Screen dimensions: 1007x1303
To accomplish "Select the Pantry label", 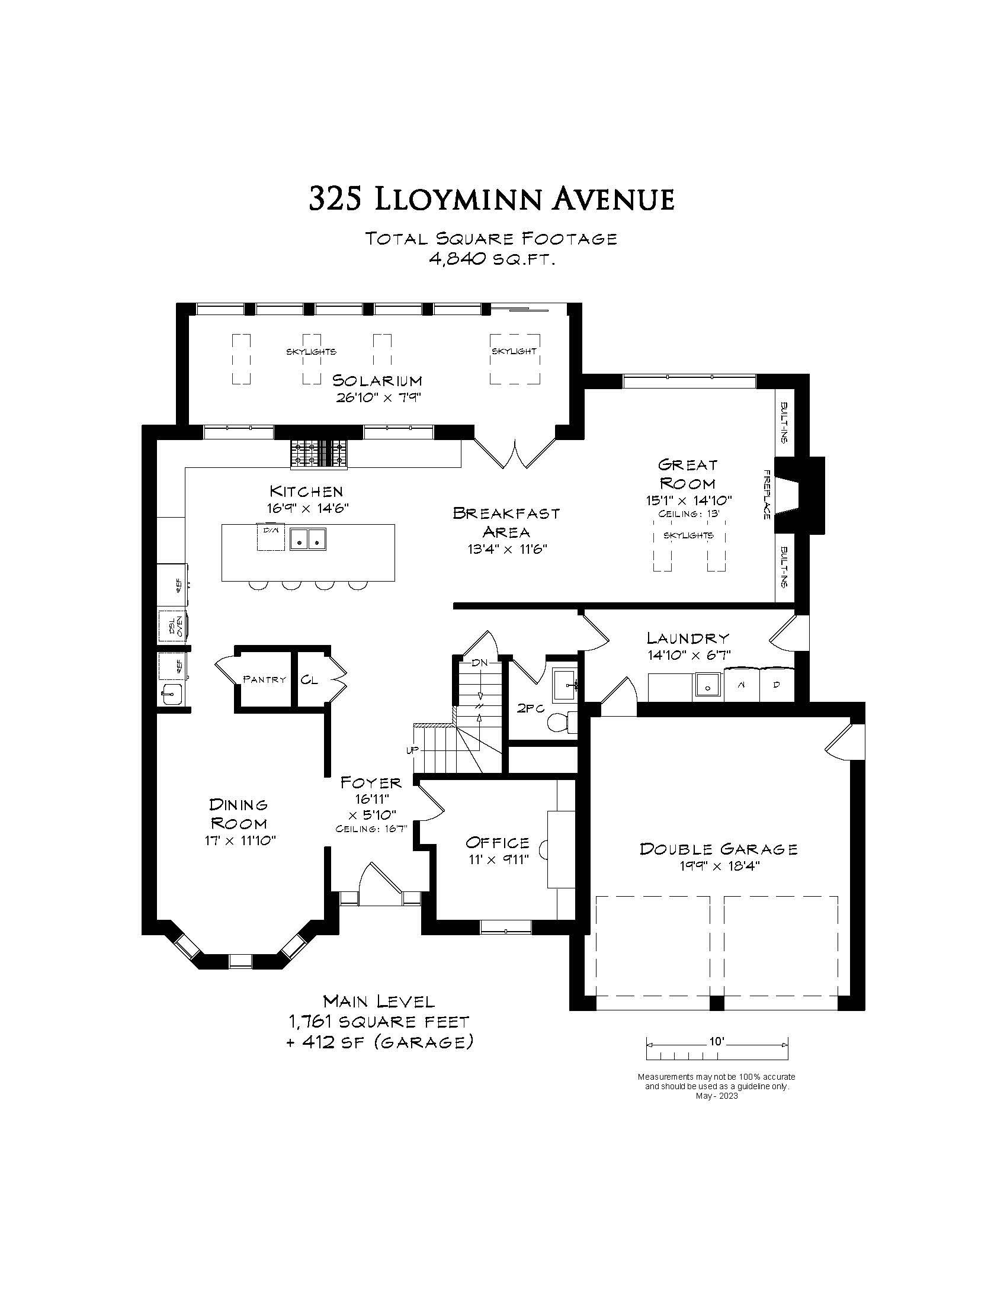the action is click(264, 679).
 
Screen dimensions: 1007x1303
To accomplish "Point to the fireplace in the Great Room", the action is click(800, 495).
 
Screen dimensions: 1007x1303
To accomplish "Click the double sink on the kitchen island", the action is click(308, 539).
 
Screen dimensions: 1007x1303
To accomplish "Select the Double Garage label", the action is click(719, 848).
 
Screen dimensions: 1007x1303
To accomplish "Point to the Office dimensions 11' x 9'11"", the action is click(498, 859).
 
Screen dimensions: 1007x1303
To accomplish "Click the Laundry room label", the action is click(688, 638).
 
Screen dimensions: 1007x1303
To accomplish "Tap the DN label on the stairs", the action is click(480, 663).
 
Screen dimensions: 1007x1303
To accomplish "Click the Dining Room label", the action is click(239, 814).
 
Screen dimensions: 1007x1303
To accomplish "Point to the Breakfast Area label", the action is click(506, 521).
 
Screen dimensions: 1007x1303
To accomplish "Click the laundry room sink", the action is click(708, 686).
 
